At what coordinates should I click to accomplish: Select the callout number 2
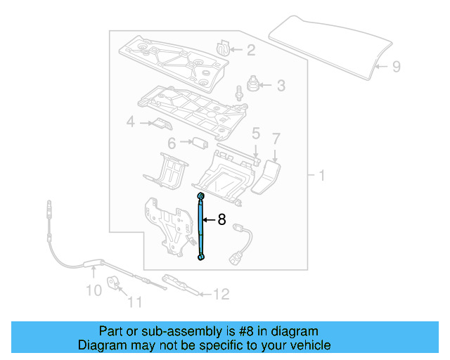coord(250,50)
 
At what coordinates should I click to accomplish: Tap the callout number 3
coord(281,86)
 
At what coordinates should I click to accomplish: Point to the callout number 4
coord(130,123)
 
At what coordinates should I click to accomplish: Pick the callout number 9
coord(396,67)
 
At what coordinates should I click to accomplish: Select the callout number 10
coord(94,290)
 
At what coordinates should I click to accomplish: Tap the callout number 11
coord(134,303)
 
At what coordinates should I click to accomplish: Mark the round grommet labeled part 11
coord(114,285)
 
